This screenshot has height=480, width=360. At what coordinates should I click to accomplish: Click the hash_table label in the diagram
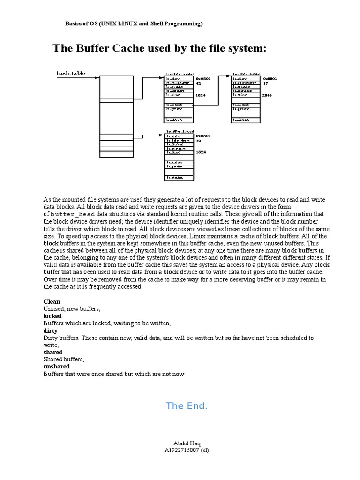point(71,74)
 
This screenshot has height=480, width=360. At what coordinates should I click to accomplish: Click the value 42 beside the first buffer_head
point(198,83)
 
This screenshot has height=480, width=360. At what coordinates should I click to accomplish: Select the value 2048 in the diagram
point(268,95)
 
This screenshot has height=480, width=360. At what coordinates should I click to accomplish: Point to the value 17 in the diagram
point(265,83)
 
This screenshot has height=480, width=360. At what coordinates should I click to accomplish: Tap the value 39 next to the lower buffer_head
point(198,140)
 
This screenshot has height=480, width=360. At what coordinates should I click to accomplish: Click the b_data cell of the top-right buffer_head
point(247,120)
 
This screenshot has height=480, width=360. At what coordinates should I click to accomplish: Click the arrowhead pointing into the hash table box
point(97,77)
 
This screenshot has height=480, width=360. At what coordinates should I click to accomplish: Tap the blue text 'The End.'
point(186,406)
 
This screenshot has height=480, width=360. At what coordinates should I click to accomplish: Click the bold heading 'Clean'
point(52,302)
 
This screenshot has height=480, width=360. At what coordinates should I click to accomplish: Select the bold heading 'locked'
point(52,316)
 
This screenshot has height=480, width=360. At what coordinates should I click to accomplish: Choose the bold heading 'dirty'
point(51,330)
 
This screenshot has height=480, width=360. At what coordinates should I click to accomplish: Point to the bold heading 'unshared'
point(56,366)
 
